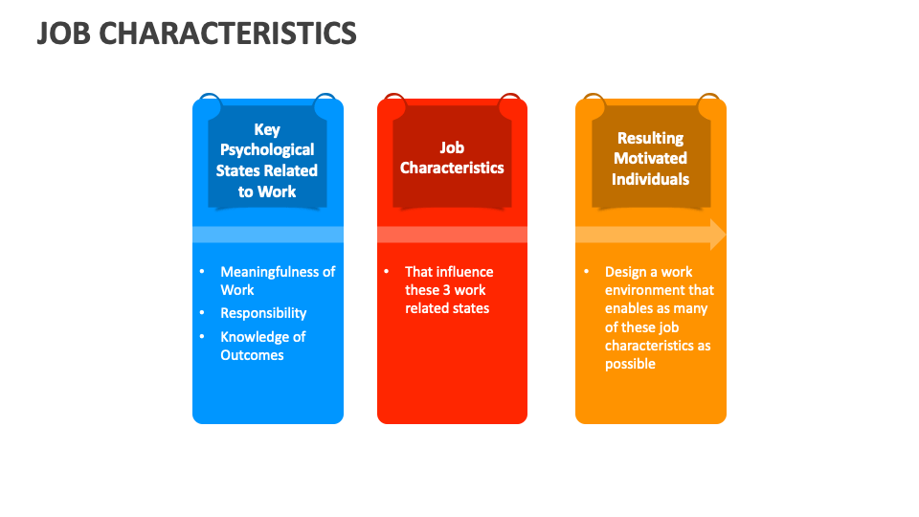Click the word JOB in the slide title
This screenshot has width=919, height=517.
[63, 34]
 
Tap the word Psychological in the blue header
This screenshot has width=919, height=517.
[267, 149]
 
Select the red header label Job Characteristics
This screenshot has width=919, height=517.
[452, 158]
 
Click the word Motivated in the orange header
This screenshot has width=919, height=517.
[651, 158]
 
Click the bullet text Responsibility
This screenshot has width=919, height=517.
[263, 313]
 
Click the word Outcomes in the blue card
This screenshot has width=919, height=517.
[252, 355]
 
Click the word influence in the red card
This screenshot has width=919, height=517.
[465, 272]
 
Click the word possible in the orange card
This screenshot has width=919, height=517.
[630, 364]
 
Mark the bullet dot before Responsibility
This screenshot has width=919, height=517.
[202, 313]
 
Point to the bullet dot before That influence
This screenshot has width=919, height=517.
[386, 272]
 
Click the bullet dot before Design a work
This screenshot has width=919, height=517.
[586, 272]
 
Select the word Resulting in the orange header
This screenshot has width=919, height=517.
[651, 138]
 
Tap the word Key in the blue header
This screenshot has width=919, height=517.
[267, 129]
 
